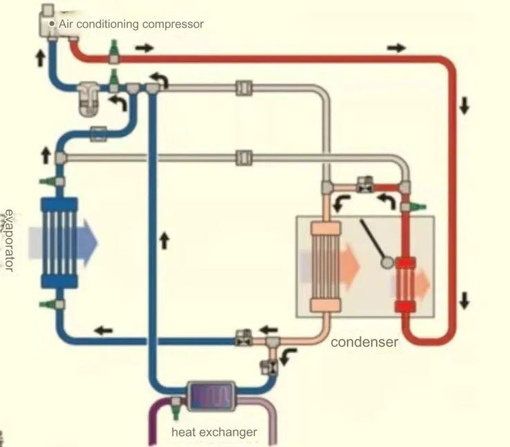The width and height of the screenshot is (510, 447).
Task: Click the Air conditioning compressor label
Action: point(131,24)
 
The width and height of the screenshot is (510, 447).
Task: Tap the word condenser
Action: point(364,342)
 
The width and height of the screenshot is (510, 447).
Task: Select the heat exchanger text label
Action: point(214,432)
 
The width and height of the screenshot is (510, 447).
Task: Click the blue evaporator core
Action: point(60,243)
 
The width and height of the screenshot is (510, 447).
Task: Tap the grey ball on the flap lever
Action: point(386,261)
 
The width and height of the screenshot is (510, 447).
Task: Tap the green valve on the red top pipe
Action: point(114,49)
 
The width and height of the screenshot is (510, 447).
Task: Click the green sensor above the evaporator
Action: point(46,182)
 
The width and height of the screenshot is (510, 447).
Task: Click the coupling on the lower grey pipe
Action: point(243,157)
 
